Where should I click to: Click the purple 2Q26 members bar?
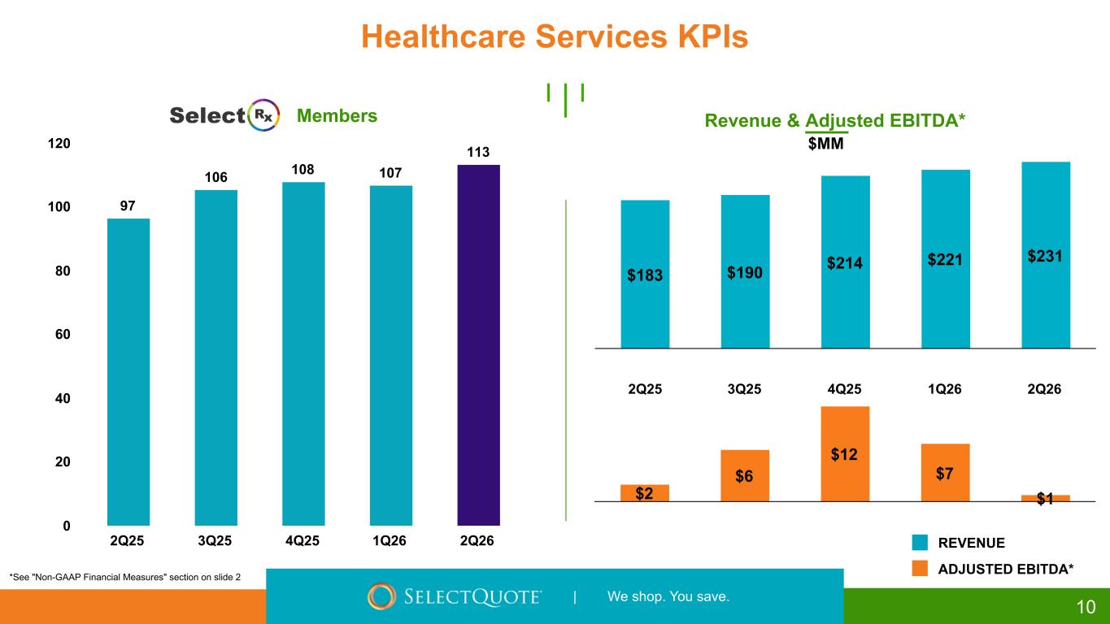click(478, 345)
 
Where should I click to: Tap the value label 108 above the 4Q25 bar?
click(303, 170)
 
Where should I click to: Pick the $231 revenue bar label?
click(1045, 255)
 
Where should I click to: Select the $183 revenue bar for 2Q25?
click(645, 274)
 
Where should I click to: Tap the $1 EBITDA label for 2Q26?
click(1045, 500)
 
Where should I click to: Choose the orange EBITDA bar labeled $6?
click(745, 475)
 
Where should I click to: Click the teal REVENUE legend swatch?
click(920, 543)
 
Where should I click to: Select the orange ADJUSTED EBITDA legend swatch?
click(920, 570)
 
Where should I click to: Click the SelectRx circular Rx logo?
click(263, 116)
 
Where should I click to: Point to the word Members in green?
click(337, 116)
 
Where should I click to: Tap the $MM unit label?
click(825, 144)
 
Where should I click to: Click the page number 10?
click(1086, 606)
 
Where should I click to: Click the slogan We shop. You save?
click(668, 597)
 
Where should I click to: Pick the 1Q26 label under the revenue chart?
click(944, 389)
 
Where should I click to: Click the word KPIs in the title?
click(699, 37)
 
